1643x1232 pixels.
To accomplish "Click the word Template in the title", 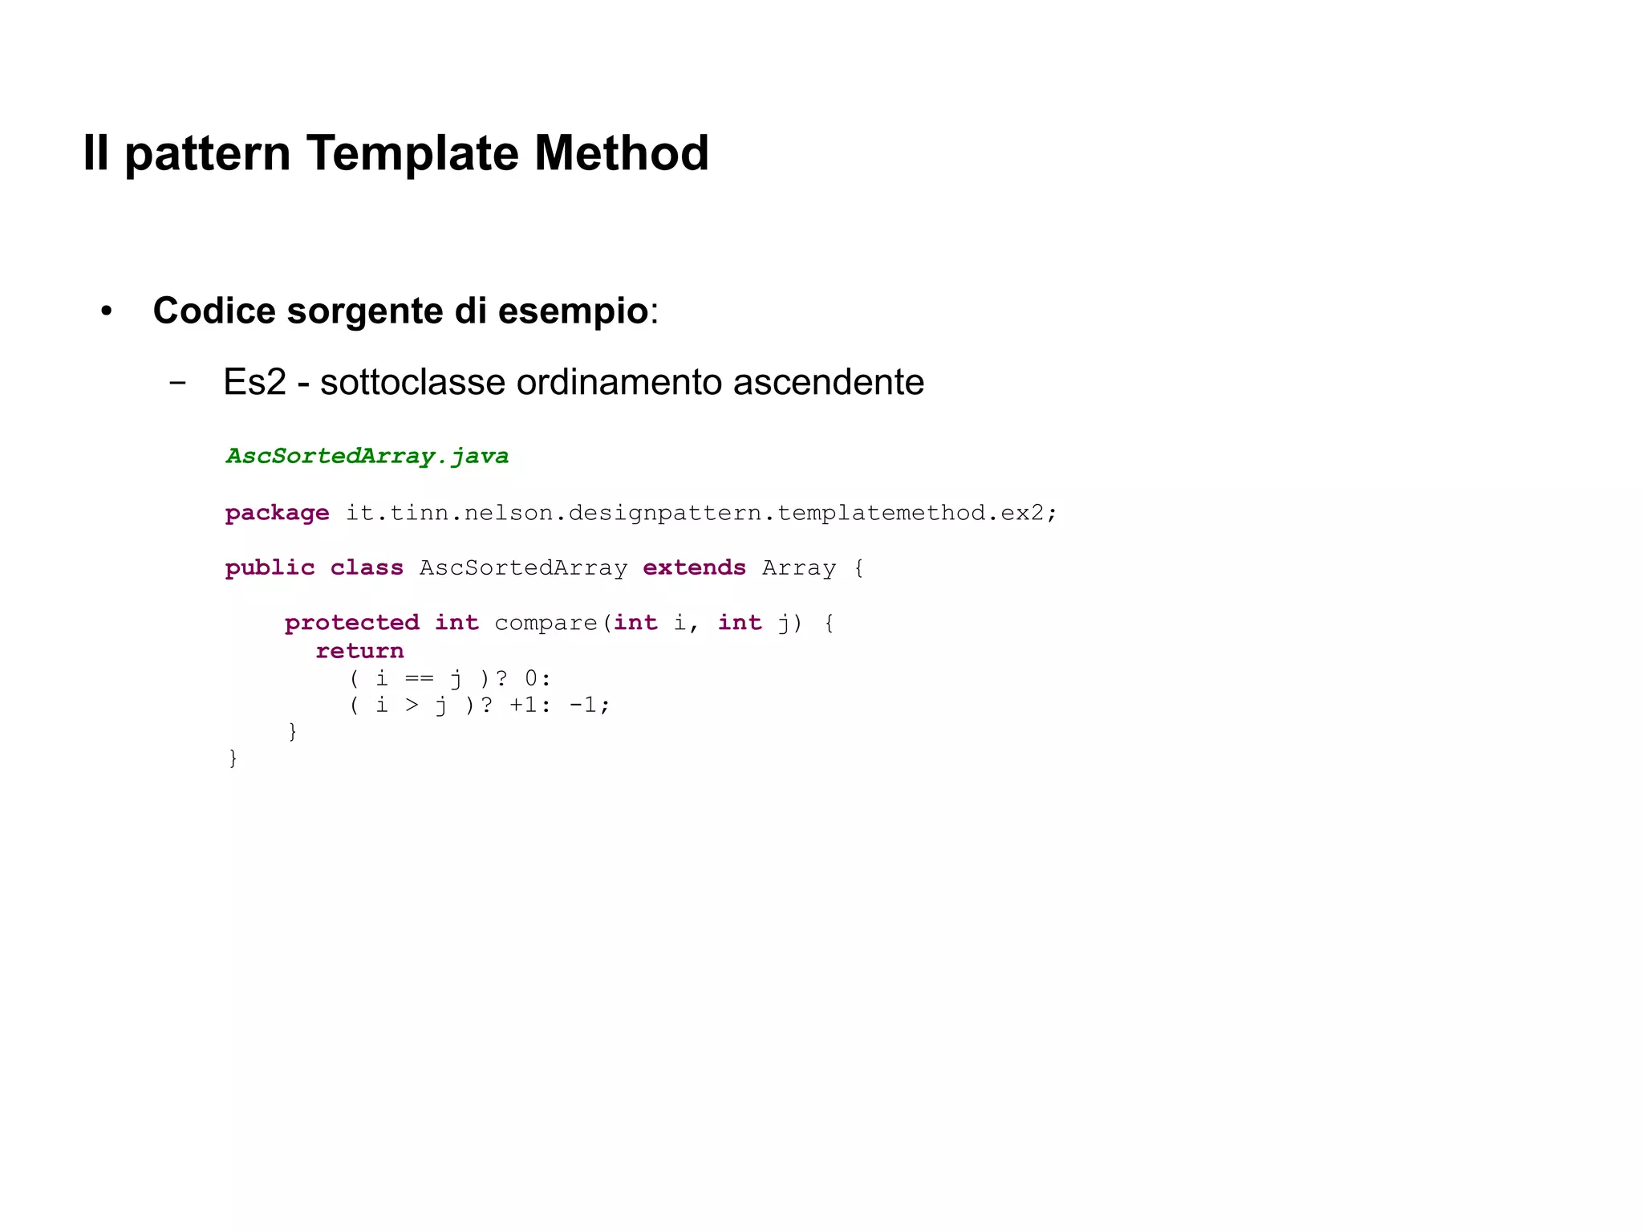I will point(412,153).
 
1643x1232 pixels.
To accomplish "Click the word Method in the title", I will point(621,153).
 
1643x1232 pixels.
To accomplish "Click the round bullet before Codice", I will point(106,311).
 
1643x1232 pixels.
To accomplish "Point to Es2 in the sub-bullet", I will point(254,382).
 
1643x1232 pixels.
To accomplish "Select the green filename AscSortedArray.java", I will point(367,456).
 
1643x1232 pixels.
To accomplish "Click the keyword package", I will point(277,513).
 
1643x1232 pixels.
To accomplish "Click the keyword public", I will point(270,567).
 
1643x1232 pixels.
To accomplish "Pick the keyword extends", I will point(694,567).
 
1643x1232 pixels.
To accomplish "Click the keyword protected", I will point(351,623).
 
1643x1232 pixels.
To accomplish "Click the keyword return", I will point(359,651).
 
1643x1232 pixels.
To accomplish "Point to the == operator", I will point(419,679).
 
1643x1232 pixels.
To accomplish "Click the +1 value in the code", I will point(523,705).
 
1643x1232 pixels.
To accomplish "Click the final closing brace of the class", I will point(233,758).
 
